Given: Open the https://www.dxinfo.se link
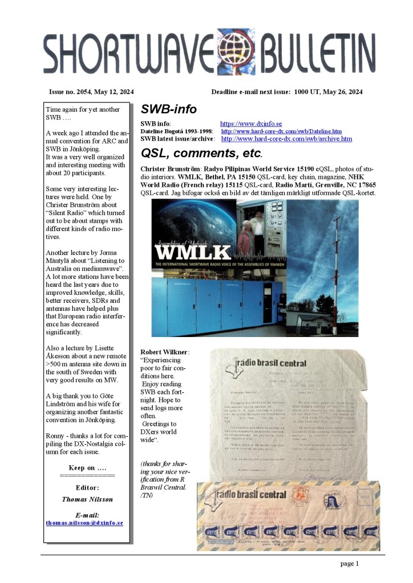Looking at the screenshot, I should [x=251, y=124].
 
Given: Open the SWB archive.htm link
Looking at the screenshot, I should [x=286, y=139].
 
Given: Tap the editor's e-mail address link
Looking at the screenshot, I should [x=84, y=522].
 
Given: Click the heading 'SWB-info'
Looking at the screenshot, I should [x=168, y=109].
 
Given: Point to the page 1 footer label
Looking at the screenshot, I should [x=349, y=564].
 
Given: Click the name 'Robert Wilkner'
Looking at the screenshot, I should [x=164, y=351].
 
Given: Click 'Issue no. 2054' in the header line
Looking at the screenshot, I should [x=72, y=92].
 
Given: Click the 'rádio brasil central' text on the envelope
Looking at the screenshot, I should [x=250, y=494].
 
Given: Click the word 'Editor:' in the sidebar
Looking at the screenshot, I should [x=87, y=487].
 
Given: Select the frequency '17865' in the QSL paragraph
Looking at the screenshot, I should [x=365, y=186].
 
